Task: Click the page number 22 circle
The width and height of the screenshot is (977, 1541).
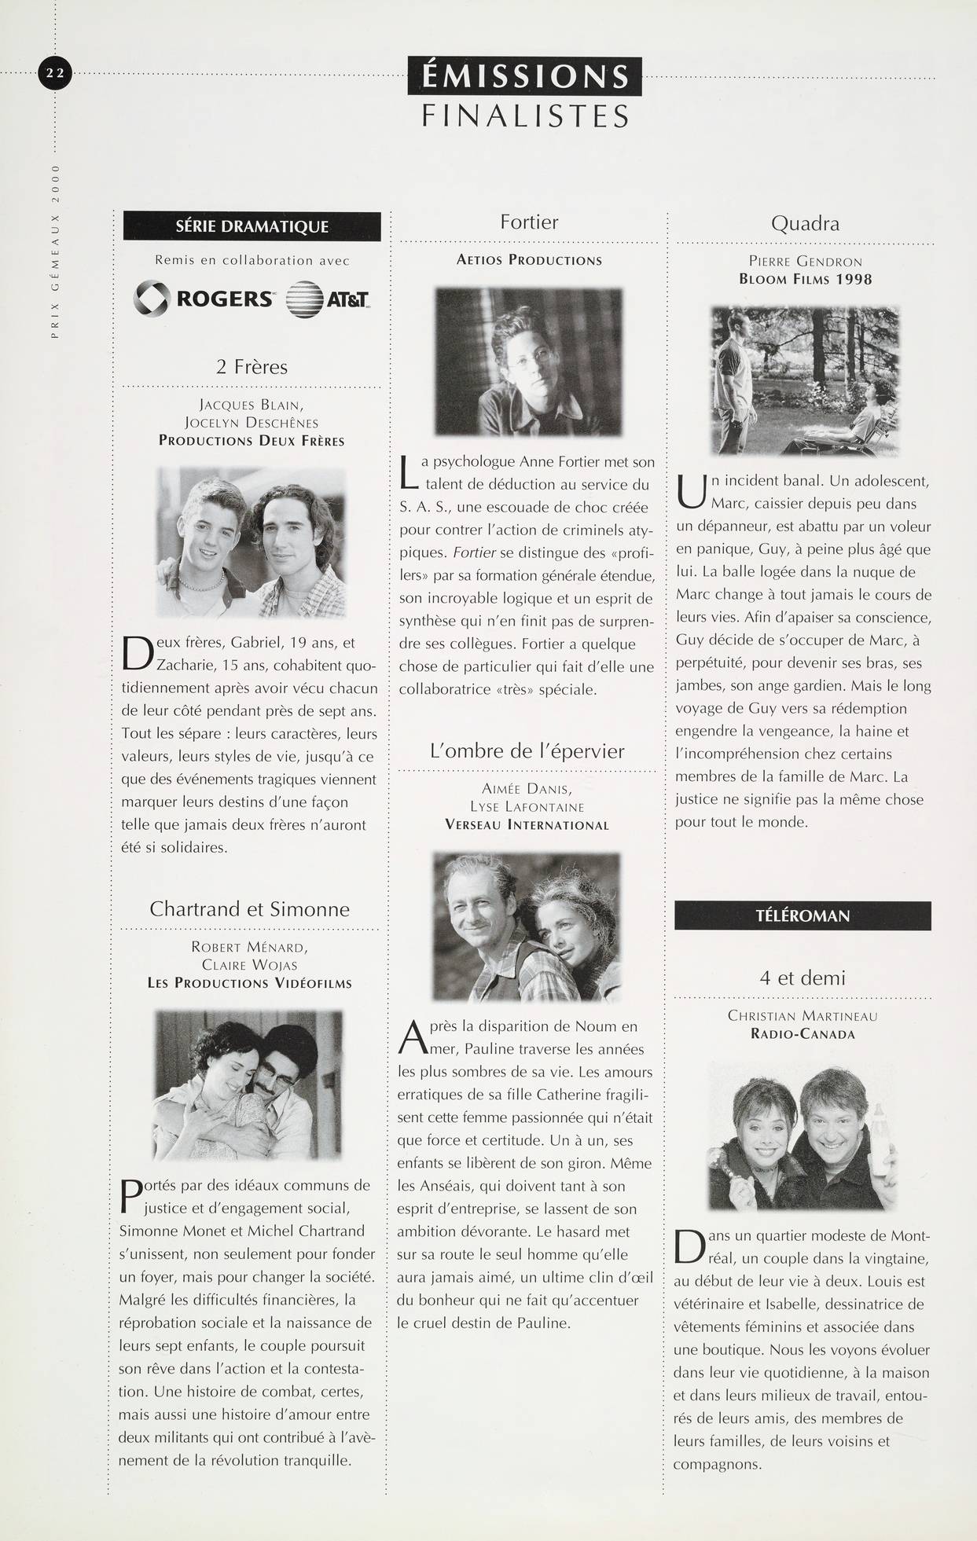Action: click(55, 74)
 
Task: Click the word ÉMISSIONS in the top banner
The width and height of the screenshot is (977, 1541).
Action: click(524, 77)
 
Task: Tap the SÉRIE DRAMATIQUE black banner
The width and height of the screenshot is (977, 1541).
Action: click(252, 226)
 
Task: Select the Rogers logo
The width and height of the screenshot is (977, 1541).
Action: click(204, 299)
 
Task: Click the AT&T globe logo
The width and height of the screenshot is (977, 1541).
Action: click(327, 299)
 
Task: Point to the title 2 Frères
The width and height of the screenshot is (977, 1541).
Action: click(252, 366)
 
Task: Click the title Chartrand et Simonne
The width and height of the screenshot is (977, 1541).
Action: click(249, 908)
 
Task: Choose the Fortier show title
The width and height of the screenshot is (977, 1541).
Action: click(529, 222)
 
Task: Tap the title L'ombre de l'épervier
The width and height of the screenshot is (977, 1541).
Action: click(527, 750)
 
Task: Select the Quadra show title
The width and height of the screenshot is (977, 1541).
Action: click(805, 223)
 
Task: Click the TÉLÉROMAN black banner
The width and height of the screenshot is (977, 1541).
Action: click(803, 915)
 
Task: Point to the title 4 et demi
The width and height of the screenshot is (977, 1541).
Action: click(803, 978)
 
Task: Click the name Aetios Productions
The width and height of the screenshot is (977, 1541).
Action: click(529, 260)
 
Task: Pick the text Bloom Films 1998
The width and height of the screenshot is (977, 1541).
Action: click(805, 279)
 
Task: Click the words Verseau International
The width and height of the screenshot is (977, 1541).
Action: click(527, 825)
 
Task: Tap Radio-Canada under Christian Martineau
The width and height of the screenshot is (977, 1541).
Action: click(803, 1034)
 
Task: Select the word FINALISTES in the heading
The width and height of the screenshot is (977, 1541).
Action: click(525, 116)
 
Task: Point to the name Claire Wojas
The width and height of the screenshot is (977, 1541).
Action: click(249, 965)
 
